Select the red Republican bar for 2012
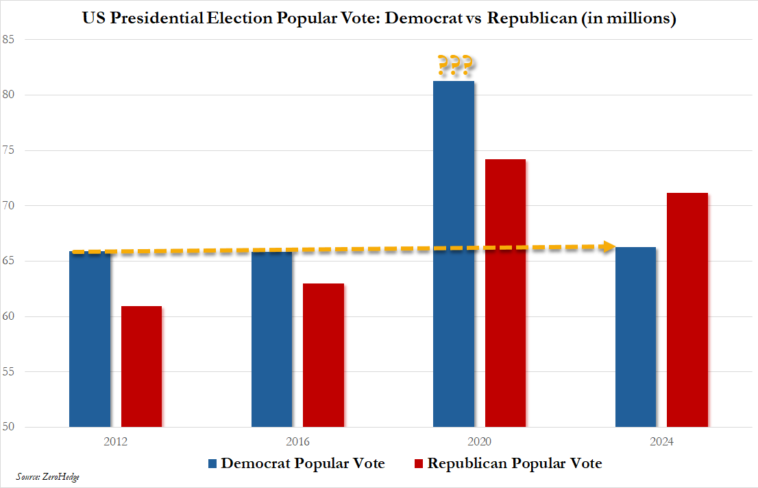click(141, 367)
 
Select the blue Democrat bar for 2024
click(635, 337)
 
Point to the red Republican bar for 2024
click(687, 310)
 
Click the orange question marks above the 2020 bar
click(454, 66)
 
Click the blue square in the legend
click(212, 464)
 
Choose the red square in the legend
click(419, 464)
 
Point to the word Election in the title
click(239, 19)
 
